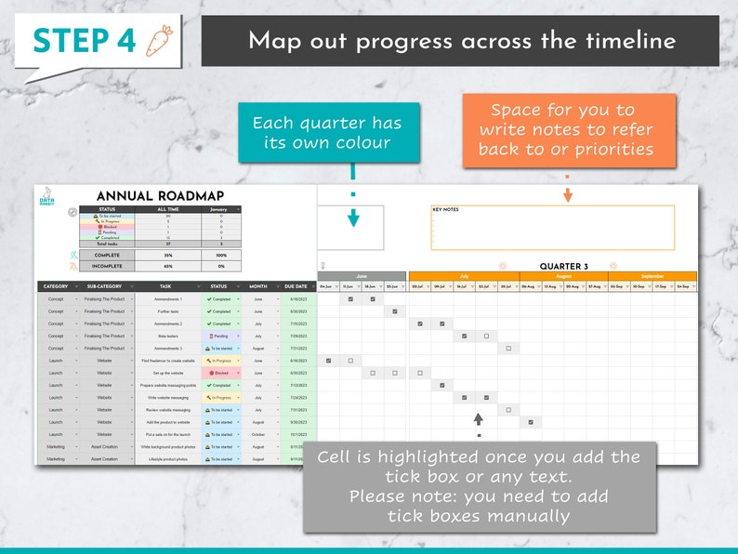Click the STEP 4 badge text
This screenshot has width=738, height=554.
point(84,40)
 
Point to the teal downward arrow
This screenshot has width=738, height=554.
point(353,218)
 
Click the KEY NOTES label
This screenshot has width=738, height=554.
point(445,210)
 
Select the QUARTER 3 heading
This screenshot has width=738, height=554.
point(563,267)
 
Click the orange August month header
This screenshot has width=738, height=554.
point(563,276)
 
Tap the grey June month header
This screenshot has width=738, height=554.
point(362,276)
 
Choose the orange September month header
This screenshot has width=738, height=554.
point(652,276)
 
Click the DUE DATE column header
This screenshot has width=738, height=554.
point(297,286)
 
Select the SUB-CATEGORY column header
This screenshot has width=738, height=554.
point(104,286)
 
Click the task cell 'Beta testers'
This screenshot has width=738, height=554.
point(168,336)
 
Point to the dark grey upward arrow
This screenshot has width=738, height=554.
point(479,419)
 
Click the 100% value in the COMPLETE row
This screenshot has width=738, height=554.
point(220,254)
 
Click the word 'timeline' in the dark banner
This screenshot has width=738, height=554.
point(630,41)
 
